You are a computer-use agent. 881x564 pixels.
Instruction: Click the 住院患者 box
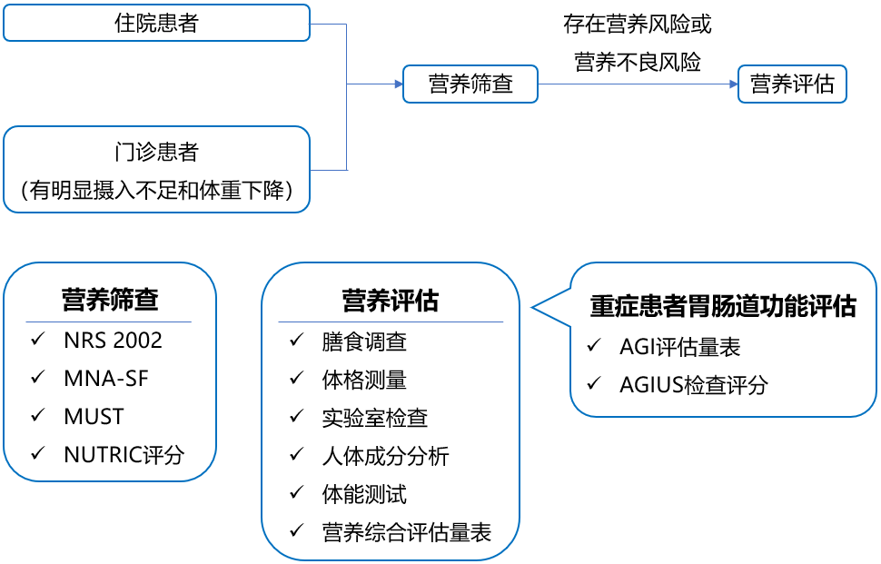pos(157,23)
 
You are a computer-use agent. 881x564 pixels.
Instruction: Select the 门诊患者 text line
pos(157,152)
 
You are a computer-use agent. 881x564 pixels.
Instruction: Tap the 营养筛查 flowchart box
pos(470,84)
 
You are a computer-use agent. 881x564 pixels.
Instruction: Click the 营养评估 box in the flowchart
pos(792,84)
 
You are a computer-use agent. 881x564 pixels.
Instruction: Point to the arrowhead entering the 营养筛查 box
pos(399,84)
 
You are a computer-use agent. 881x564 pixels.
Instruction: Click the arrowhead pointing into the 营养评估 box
pos(734,84)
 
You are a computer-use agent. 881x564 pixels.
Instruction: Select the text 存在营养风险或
pos(638,25)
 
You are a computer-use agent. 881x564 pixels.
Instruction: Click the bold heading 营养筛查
pos(110,300)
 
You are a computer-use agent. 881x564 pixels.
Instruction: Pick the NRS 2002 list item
pos(113,341)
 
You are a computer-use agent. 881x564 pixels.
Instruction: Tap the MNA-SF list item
pos(106,379)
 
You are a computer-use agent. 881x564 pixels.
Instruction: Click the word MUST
pos(94,417)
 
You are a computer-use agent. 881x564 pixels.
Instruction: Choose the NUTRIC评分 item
pos(124,455)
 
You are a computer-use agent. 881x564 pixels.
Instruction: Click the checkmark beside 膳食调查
pos(297,340)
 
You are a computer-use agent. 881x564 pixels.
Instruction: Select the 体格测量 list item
pos(364,381)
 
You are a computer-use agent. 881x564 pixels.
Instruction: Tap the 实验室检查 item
pos(375,419)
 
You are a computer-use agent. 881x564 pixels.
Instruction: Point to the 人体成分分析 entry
pos(385,457)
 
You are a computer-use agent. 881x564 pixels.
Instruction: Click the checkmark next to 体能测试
pos(297,492)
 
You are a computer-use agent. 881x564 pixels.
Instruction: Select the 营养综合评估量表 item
pos(407,533)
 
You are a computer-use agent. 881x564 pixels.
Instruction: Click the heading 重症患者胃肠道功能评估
pos(723,306)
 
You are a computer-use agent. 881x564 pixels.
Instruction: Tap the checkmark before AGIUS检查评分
pos(594,383)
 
